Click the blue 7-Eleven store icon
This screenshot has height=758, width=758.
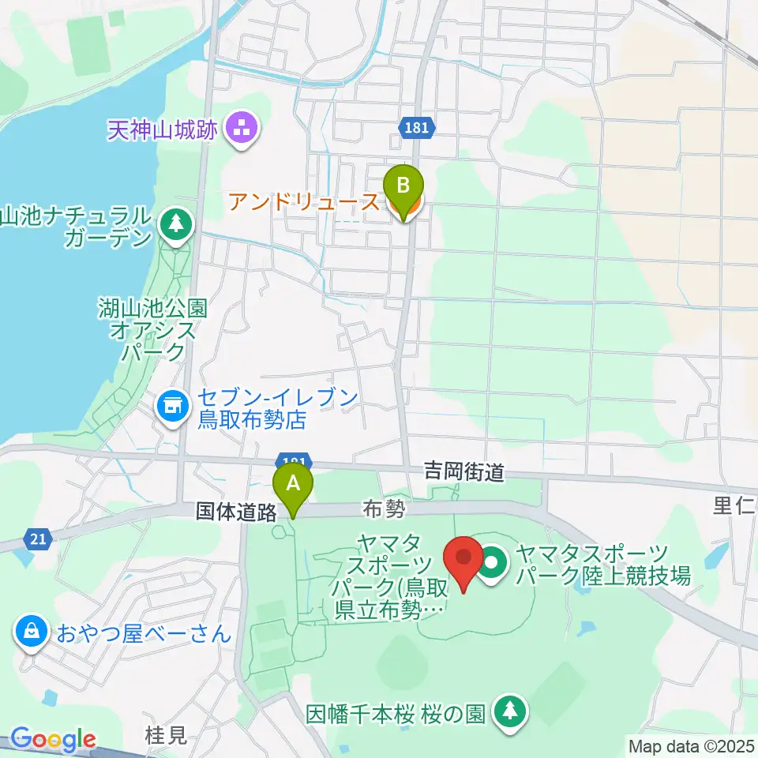[172, 407]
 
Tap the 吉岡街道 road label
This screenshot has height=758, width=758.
[463, 472]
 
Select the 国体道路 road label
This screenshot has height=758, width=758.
[236, 512]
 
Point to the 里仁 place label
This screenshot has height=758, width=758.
[734, 505]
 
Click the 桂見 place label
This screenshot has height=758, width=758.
[167, 736]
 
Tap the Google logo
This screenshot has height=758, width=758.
[53, 740]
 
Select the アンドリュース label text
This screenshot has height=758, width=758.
[304, 202]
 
